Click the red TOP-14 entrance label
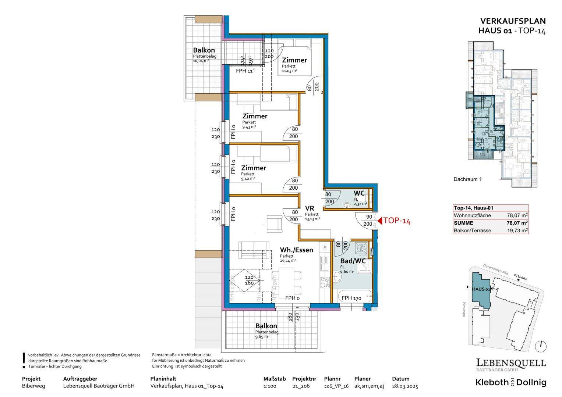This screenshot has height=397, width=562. tap(396, 221)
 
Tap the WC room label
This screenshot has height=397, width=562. tap(359, 193)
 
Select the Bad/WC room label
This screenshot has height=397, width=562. tap(353, 261)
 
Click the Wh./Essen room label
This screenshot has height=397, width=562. tap(296, 250)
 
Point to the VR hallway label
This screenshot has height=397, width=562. tap(309, 208)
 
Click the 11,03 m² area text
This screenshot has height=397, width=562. tap(290, 71)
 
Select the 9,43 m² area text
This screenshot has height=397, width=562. tap(249, 127)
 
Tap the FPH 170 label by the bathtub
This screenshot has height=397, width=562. tap(351, 298)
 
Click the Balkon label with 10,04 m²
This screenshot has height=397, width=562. tap(204, 50)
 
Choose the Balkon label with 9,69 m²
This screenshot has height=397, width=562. tap(266, 326)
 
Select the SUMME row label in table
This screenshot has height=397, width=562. tap(464, 223)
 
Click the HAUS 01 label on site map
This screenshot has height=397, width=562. tap(481, 289)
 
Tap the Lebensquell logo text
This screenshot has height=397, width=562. tap(511, 363)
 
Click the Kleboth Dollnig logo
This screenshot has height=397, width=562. tap(511, 382)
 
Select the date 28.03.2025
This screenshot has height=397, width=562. tap(405, 386)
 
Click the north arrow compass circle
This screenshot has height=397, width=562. tap(541, 346)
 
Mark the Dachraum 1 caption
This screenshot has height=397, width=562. tap(467, 179)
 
